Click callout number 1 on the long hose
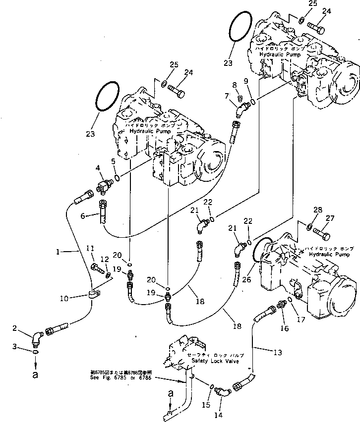[x=59, y=252]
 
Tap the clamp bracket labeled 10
[x=93, y=296]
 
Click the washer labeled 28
[x=309, y=227]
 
